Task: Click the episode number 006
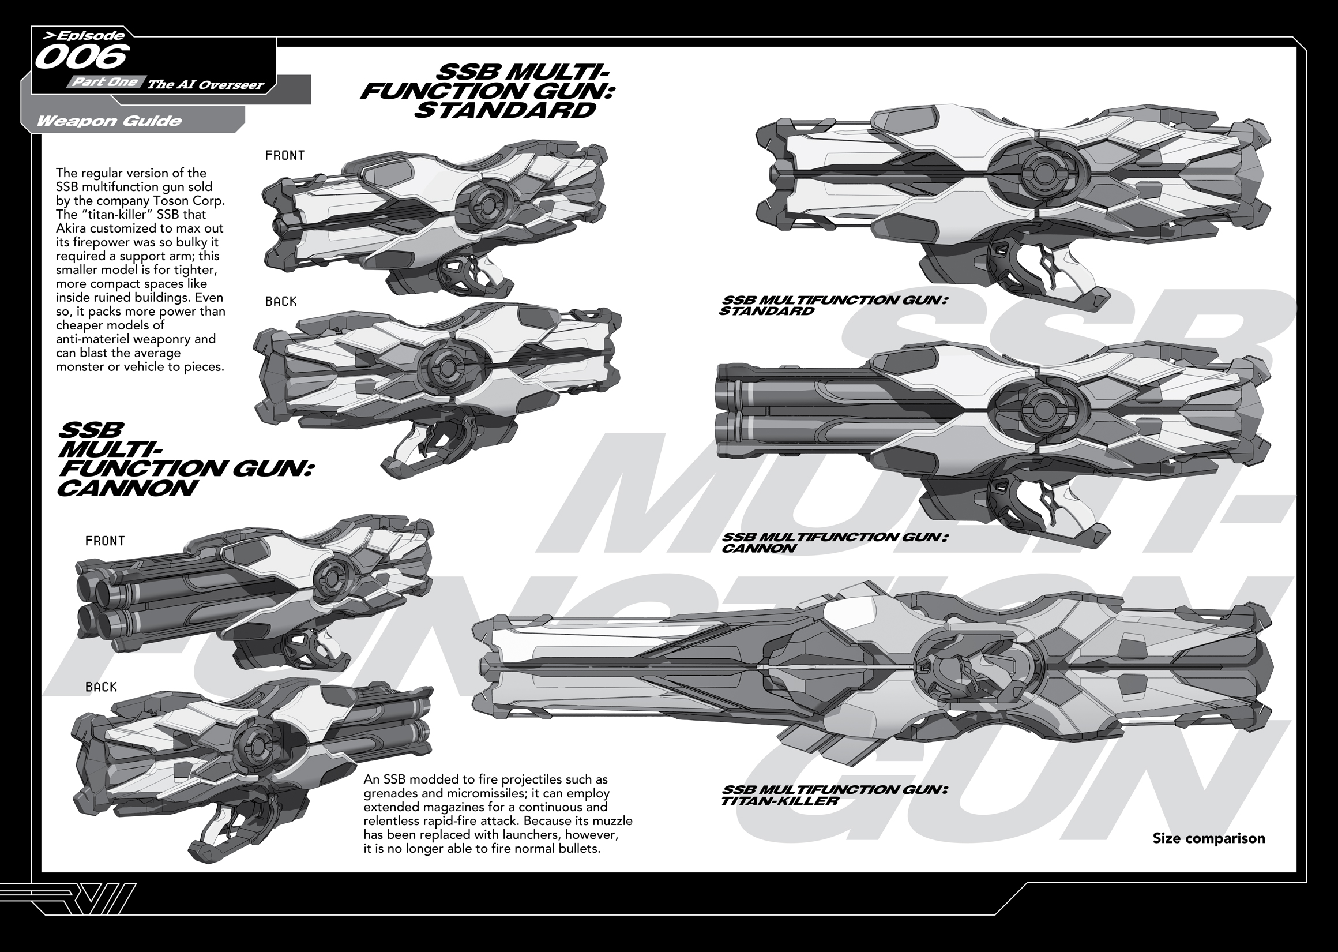pyautogui.click(x=81, y=58)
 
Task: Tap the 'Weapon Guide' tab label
pyautogui.click(x=109, y=121)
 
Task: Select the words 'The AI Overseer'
pyautogui.click(x=205, y=84)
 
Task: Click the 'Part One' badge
pyautogui.click(x=106, y=82)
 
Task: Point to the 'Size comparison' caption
pyautogui.click(x=1209, y=838)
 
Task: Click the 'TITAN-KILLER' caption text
pyautogui.click(x=780, y=801)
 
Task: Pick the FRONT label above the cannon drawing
pyautogui.click(x=105, y=541)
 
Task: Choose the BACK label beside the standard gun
pyautogui.click(x=281, y=301)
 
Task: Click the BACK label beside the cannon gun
pyautogui.click(x=101, y=687)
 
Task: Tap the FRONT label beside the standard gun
pyautogui.click(x=285, y=155)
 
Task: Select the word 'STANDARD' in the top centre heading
pyautogui.click(x=505, y=110)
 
